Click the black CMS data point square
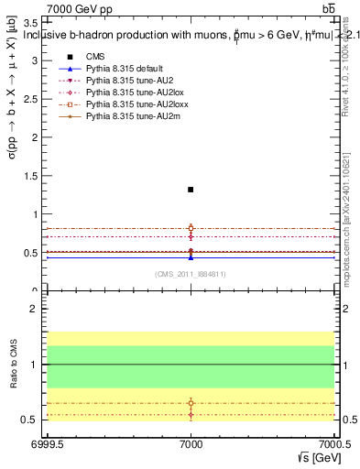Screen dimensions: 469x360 pos(191,190)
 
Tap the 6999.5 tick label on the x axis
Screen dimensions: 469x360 pos(44,442)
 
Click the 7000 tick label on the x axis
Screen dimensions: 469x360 pos(191,442)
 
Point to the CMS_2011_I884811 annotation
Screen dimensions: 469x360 pos(191,273)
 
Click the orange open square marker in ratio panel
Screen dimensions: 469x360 pos(191,402)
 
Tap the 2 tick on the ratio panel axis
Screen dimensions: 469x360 pos(33,309)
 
